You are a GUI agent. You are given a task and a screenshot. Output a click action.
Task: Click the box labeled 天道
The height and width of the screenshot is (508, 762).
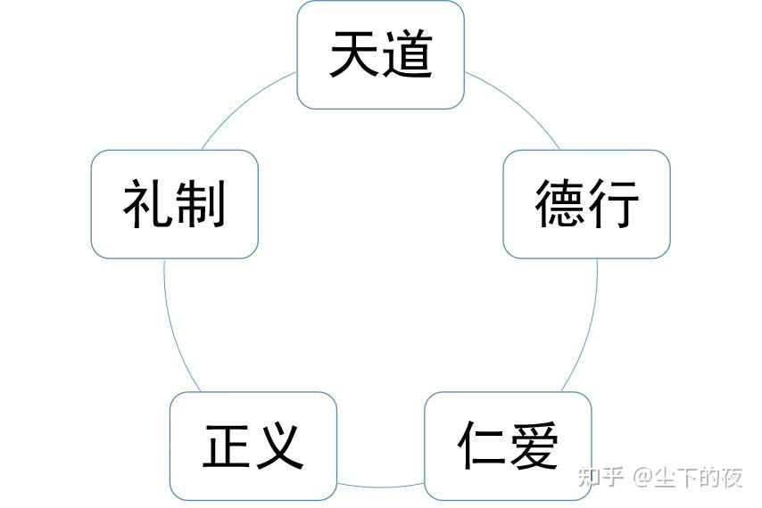(380, 54)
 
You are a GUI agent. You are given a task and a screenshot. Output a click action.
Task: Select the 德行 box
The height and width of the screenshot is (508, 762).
(586, 204)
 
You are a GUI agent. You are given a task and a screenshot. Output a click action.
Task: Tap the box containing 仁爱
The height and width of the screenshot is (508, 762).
(508, 445)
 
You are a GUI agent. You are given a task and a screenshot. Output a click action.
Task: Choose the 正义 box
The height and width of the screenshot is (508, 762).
(253, 445)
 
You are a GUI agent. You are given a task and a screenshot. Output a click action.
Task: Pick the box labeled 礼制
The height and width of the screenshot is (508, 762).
(174, 204)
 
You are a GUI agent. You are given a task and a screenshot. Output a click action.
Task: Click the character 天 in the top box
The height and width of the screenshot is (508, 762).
(354, 54)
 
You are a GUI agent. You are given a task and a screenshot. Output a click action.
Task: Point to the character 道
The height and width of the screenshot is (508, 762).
(407, 54)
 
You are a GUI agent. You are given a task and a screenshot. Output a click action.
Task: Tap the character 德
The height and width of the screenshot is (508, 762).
(560, 204)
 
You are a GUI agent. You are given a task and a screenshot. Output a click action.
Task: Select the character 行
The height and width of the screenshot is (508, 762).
(614, 204)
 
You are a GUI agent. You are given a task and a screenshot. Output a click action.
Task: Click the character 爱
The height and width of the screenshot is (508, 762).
(534, 445)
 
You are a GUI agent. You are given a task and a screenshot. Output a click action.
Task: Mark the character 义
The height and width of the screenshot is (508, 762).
(279, 445)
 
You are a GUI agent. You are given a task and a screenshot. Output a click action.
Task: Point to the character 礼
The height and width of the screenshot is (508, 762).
(147, 204)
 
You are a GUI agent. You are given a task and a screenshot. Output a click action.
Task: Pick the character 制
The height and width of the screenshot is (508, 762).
(201, 204)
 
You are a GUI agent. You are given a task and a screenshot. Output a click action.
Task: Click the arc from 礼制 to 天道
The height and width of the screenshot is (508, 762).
(241, 107)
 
